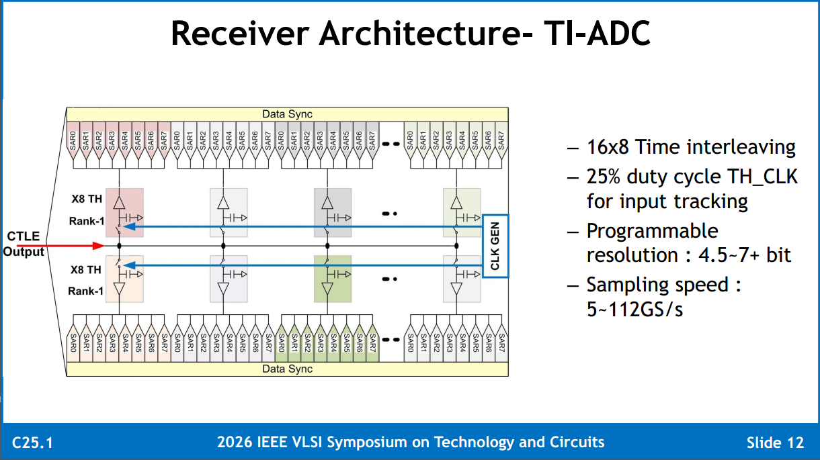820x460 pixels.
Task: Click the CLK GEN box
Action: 495,246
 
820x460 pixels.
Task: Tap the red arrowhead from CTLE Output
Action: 98,246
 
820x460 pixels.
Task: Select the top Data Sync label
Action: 288,114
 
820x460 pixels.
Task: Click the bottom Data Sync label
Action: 288,369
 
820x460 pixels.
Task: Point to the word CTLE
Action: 24,236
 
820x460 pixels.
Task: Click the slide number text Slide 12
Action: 776,443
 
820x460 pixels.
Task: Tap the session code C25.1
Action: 32,443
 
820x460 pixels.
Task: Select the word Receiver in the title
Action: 241,34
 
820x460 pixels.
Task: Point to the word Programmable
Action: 653,231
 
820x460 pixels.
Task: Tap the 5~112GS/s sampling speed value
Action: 634,309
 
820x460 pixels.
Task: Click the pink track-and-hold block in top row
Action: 124,213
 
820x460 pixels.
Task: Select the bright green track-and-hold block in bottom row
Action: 333,279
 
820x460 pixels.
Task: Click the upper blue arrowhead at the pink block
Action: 130,227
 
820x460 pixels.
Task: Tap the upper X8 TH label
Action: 87,199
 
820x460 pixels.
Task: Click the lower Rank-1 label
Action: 85,291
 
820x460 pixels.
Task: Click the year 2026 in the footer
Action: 235,443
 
